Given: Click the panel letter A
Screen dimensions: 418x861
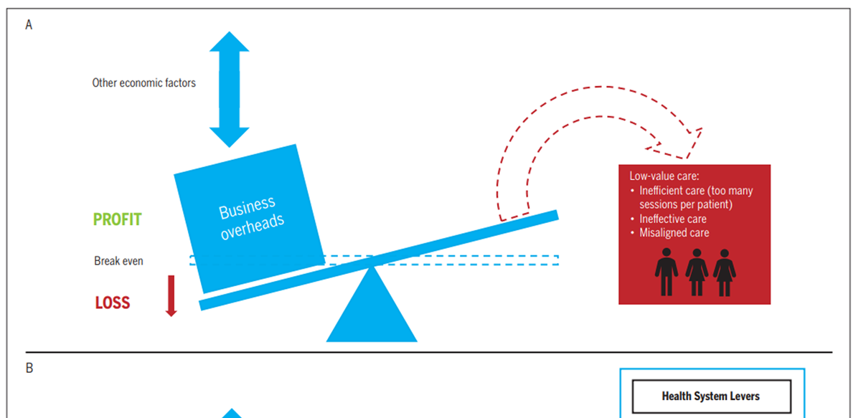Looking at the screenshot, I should (x=29, y=25).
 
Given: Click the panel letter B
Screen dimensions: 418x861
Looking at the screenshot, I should (x=29, y=369).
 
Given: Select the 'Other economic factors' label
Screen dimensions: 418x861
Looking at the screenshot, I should (x=143, y=82).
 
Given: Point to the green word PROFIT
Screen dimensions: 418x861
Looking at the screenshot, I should (x=118, y=219).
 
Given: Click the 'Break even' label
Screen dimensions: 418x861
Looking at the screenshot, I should (x=118, y=261).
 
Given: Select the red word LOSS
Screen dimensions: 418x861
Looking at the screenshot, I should (x=113, y=303).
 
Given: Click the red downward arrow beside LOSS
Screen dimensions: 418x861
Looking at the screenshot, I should (x=171, y=295).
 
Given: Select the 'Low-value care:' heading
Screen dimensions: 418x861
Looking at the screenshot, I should (x=664, y=176).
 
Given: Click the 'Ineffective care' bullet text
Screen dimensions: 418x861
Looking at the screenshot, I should (x=673, y=219).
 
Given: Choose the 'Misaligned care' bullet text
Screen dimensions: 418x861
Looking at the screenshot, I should (x=674, y=232).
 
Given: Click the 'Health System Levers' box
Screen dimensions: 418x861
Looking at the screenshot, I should (x=711, y=396).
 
